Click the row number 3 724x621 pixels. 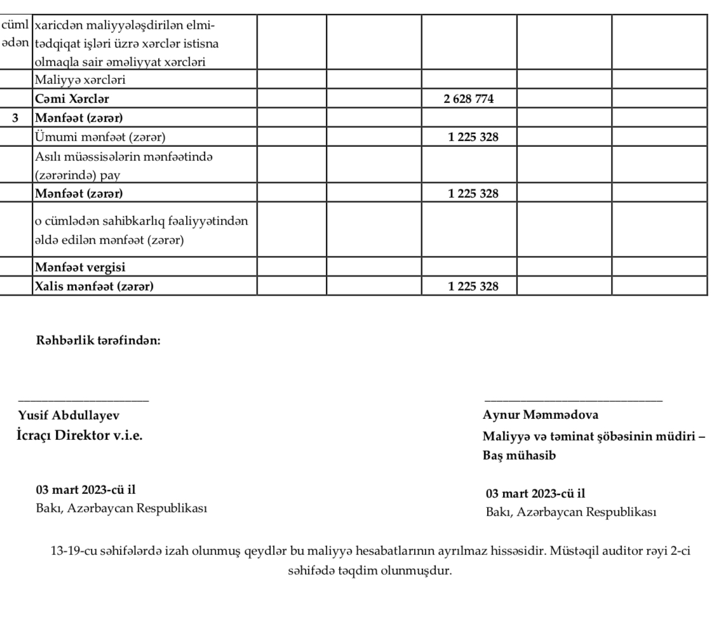[x=16, y=118]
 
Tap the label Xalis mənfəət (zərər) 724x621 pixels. [x=94, y=286]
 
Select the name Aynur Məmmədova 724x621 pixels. [x=540, y=415]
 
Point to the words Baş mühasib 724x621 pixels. [x=515, y=456]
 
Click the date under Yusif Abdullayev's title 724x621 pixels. [x=84, y=490]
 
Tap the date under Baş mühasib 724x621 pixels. [x=535, y=493]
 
